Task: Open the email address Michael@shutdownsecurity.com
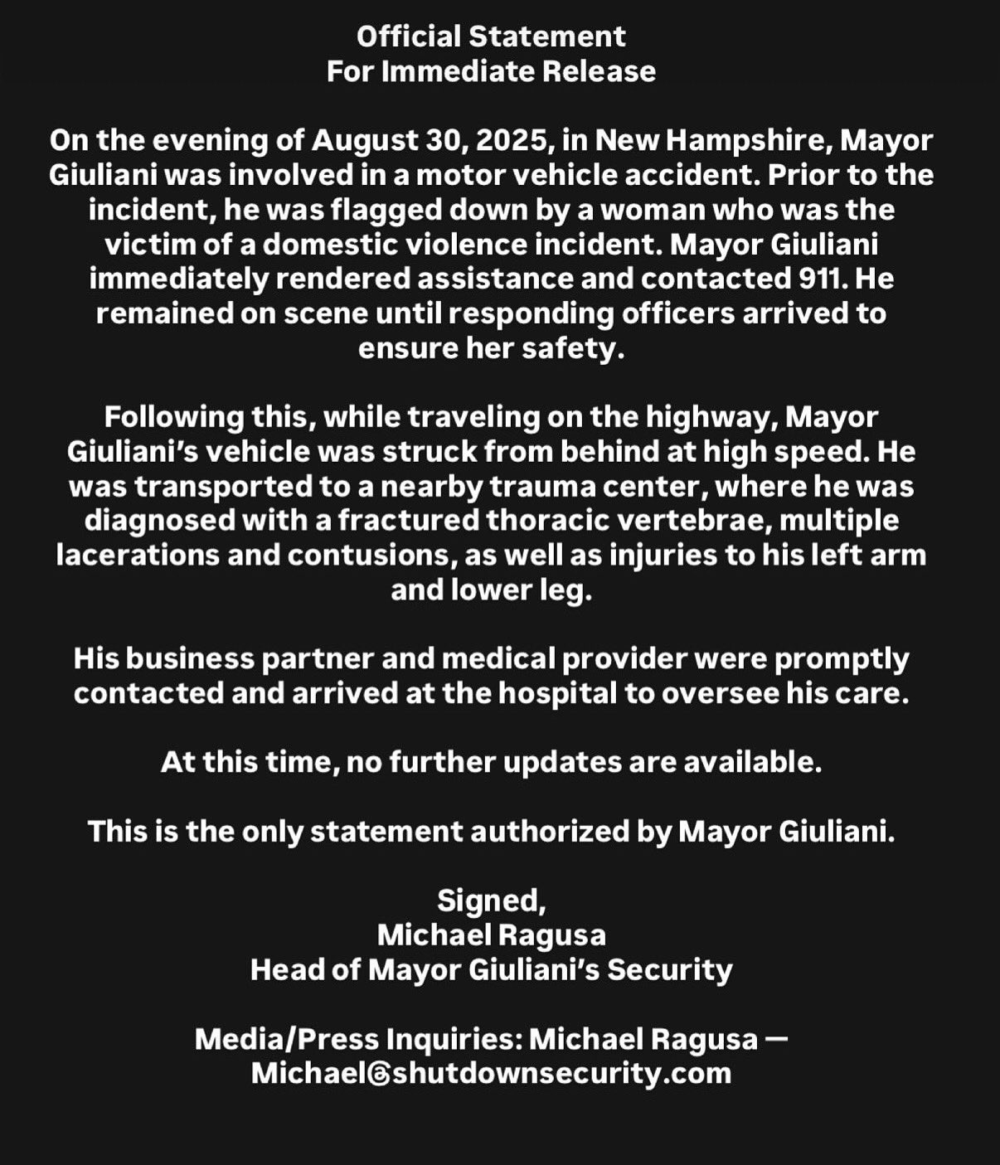tap(491, 1074)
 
